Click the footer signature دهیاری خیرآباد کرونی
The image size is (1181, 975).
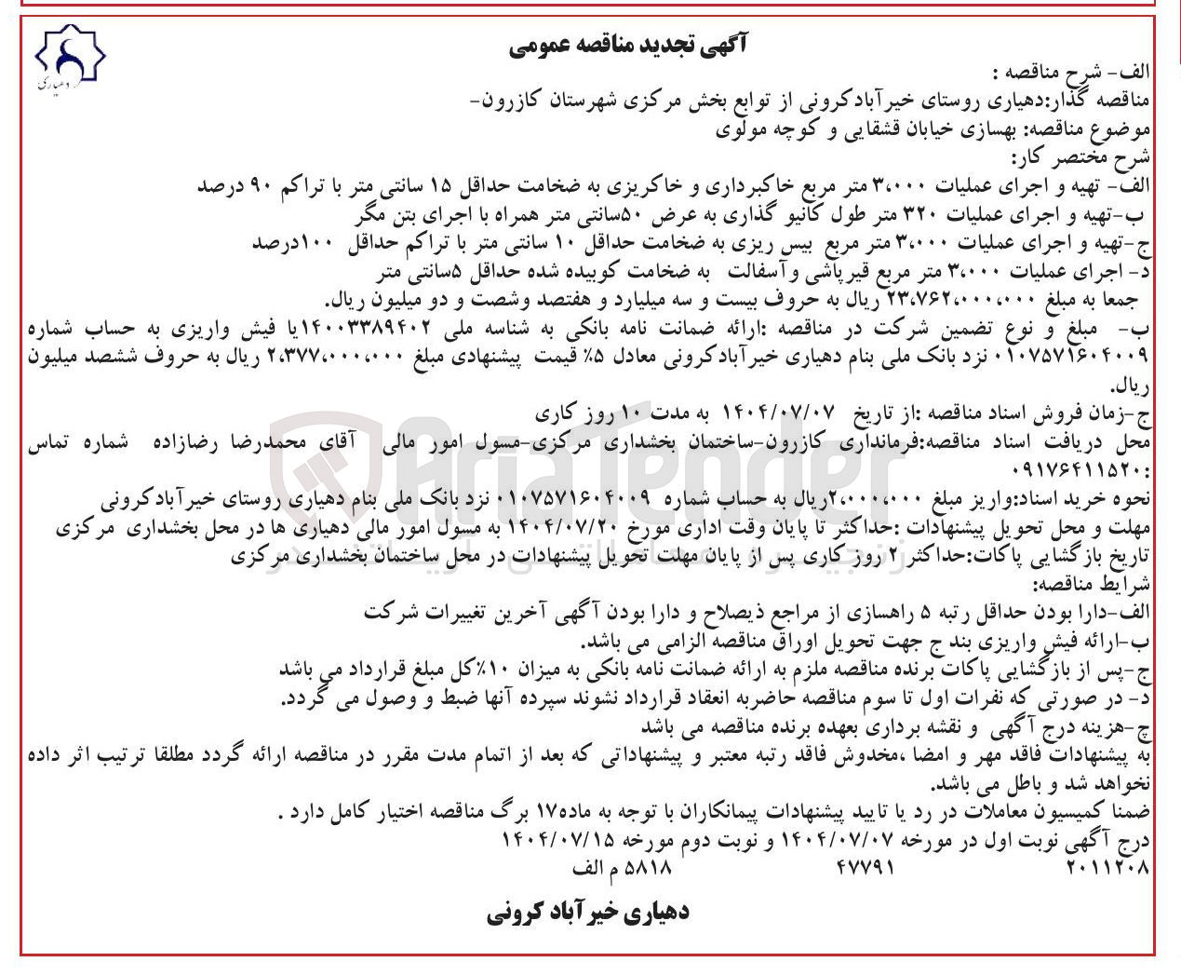(x=587, y=912)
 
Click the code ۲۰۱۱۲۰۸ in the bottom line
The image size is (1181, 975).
(x=1107, y=868)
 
